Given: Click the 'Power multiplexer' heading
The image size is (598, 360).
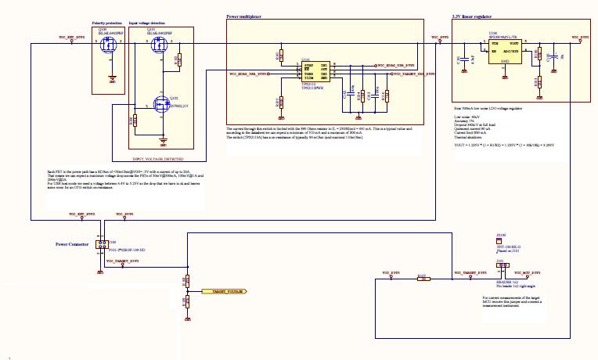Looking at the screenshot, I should coord(243,16).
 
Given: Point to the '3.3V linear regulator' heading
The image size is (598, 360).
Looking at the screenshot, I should coord(474,16).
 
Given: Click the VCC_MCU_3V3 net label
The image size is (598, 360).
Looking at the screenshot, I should coord(535,273).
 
